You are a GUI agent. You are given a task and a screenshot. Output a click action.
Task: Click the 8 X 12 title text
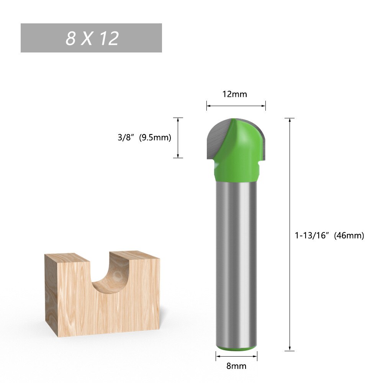click(92, 38)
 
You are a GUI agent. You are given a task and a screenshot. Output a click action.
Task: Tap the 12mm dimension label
click(235, 94)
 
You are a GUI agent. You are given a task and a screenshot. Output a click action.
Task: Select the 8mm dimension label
click(236, 366)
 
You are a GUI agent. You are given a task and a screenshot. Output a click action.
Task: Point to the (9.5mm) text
click(155, 137)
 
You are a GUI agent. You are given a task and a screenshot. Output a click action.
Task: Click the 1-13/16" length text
click(313, 236)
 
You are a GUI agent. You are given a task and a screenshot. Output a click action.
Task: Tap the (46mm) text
click(349, 236)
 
